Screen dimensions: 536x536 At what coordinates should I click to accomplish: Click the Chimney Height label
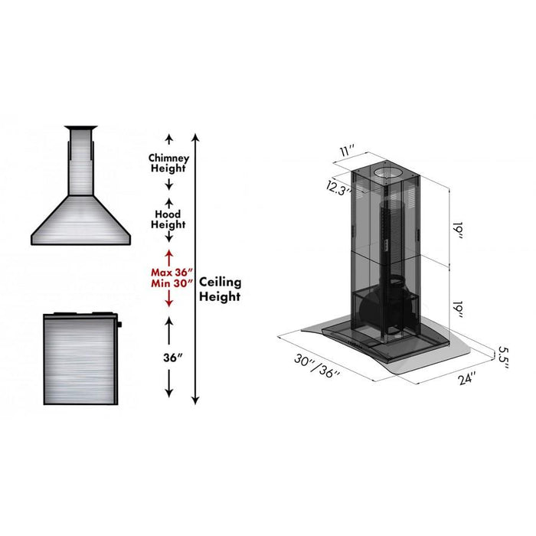(168, 162)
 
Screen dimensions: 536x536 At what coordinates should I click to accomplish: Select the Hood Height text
(168, 220)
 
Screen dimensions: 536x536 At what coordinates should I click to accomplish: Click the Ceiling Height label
(221, 289)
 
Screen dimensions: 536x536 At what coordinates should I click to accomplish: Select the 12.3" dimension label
(336, 188)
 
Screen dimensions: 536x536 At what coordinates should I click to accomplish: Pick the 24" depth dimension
(468, 377)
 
